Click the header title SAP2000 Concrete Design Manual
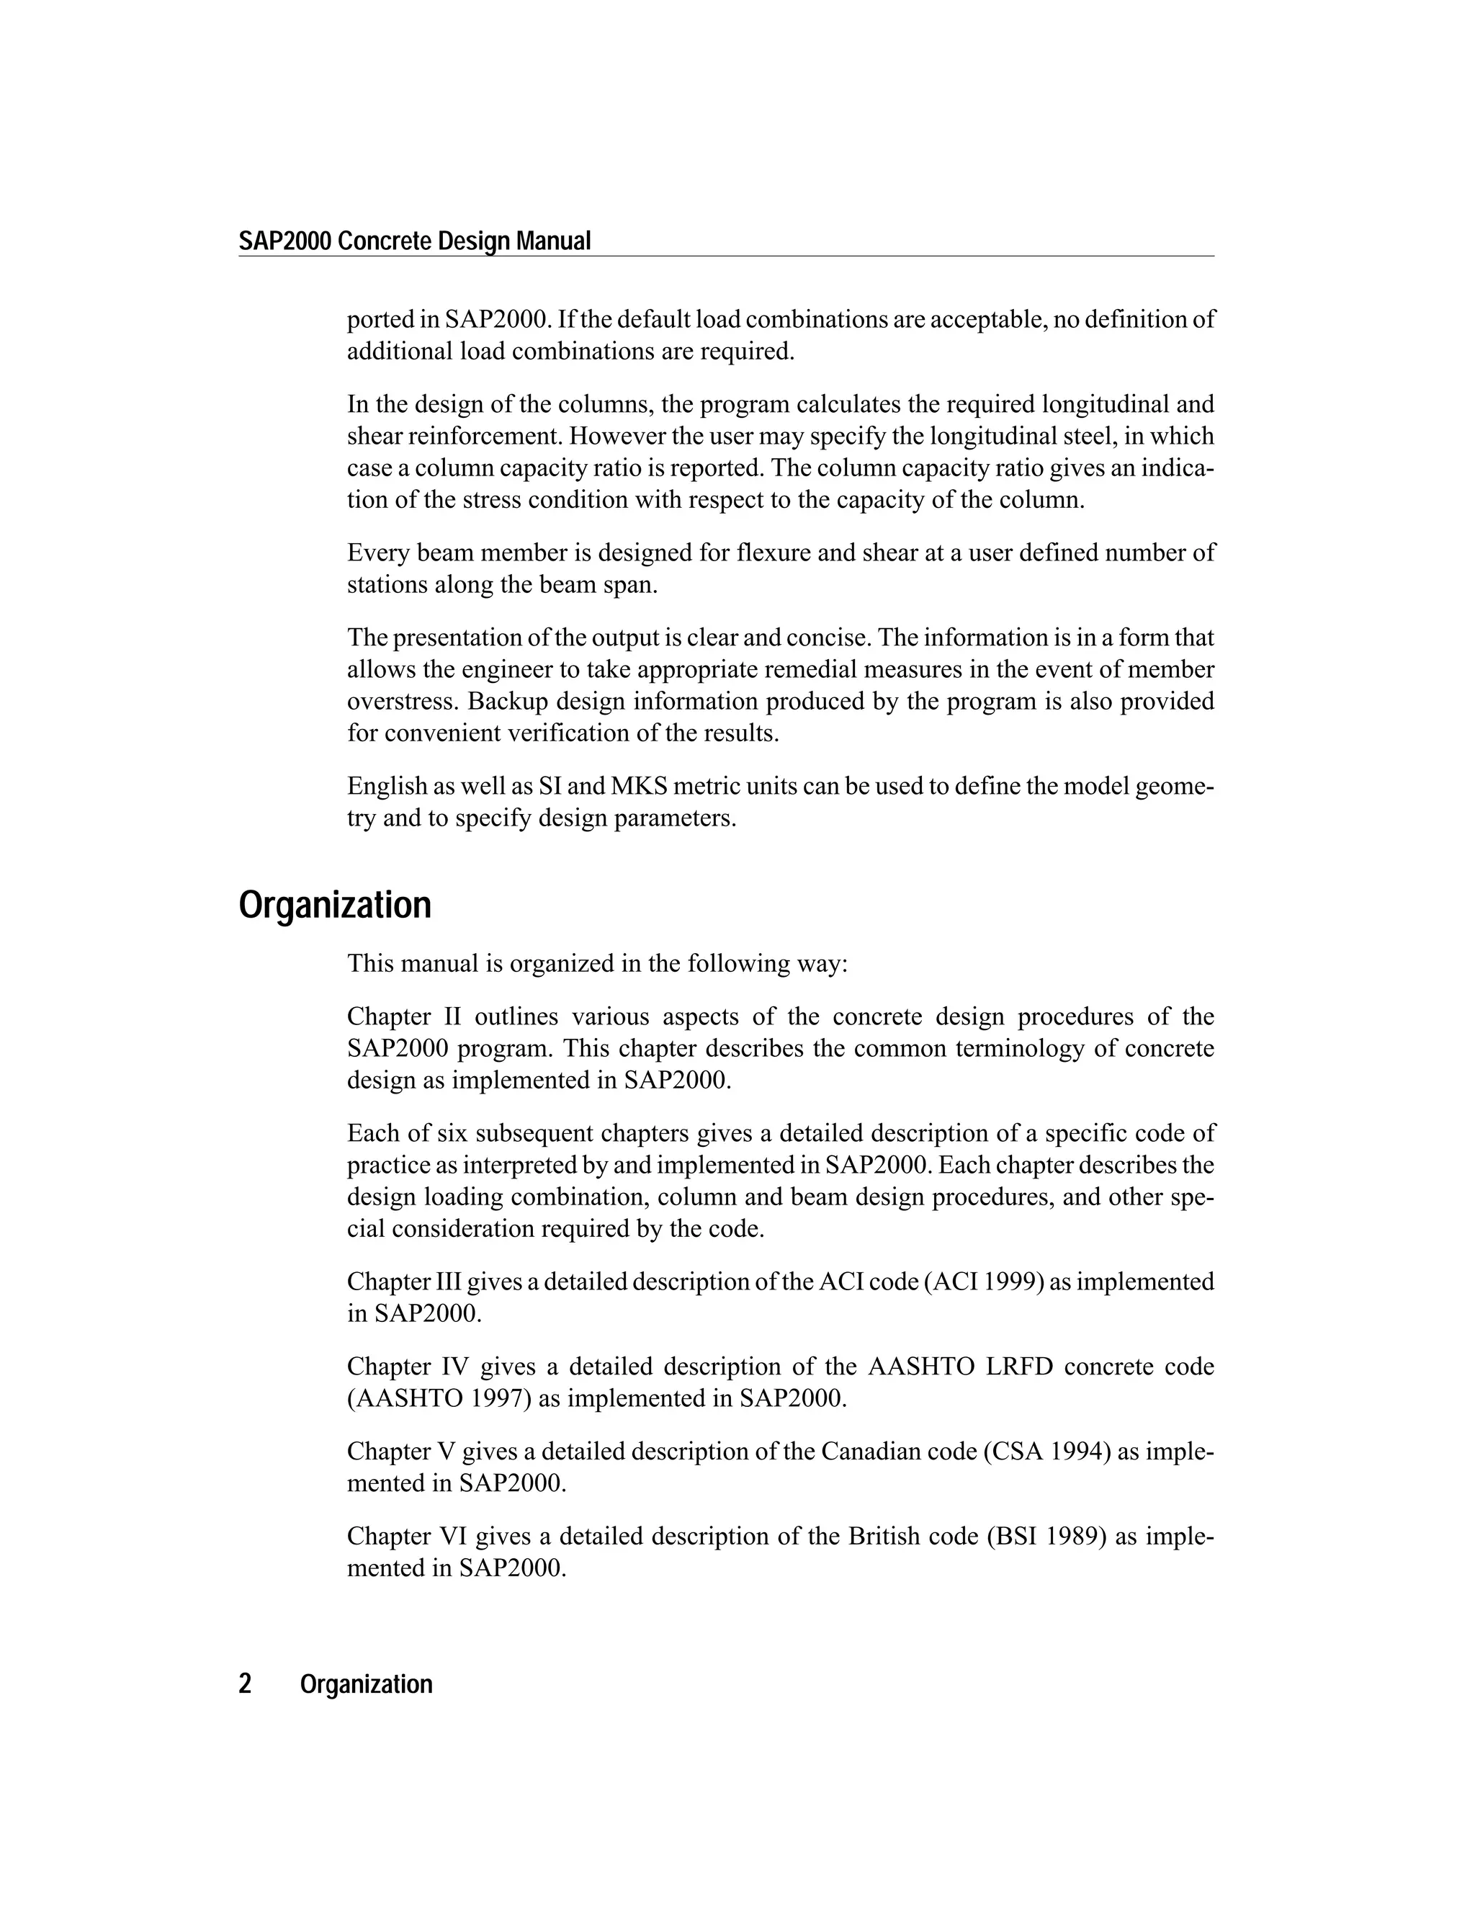point(415,241)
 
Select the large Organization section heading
point(335,905)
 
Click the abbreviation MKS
point(639,787)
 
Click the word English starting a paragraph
point(387,787)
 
